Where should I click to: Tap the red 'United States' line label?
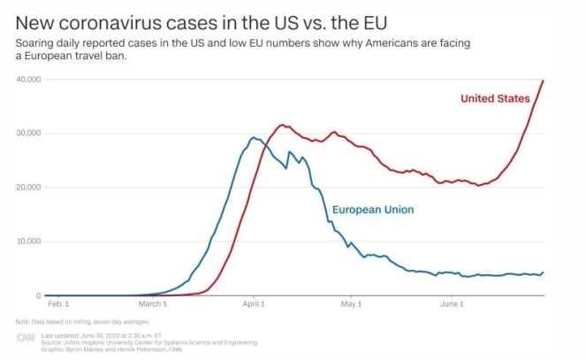495,98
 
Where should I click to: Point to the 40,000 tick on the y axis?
29,80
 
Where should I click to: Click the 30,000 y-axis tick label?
29,134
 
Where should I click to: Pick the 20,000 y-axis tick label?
29,188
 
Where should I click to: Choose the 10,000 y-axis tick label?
29,241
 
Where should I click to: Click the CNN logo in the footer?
27,339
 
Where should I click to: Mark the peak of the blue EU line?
254,137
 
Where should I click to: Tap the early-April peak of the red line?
282,125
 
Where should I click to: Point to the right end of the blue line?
543,272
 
